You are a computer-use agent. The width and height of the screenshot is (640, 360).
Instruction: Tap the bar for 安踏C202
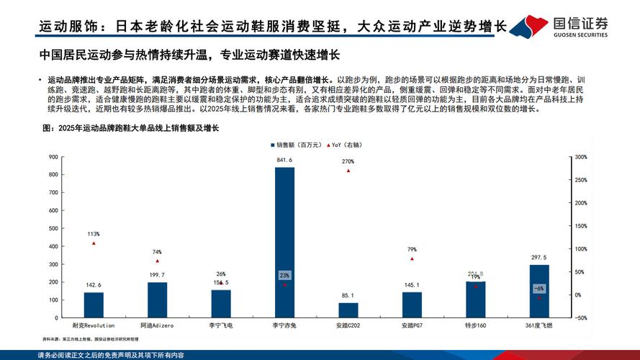click(x=348, y=310)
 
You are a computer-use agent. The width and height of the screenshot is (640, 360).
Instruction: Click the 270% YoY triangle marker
click(x=348, y=171)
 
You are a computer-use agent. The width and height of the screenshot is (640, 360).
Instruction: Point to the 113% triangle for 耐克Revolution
click(x=94, y=243)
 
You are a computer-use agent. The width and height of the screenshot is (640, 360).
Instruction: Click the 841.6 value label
click(x=284, y=160)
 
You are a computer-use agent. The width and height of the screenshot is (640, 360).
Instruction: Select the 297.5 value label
click(x=539, y=257)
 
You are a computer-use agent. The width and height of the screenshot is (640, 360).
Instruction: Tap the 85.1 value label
click(x=348, y=295)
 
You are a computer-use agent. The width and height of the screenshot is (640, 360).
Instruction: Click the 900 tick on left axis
click(x=53, y=156)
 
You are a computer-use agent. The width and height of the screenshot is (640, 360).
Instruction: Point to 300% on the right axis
click(x=582, y=156)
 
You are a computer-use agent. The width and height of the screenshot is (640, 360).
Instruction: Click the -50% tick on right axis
click(x=582, y=318)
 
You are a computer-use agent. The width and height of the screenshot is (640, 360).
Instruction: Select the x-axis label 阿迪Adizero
click(x=157, y=326)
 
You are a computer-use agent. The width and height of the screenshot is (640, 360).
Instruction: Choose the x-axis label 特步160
click(x=475, y=326)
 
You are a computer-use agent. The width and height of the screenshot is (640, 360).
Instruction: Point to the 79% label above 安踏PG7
click(x=412, y=249)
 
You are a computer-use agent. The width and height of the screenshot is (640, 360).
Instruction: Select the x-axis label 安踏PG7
click(x=412, y=326)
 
